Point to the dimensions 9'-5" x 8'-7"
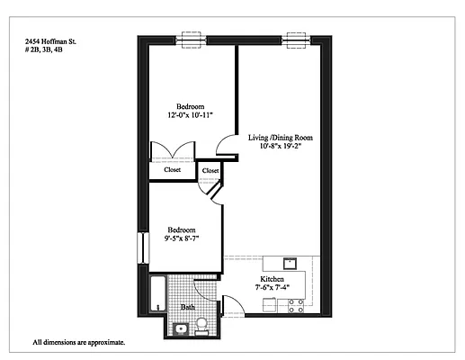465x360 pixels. (x=181, y=239)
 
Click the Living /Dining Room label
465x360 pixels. (x=281, y=138)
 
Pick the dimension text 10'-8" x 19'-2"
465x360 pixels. (x=281, y=148)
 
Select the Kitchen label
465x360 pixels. (x=273, y=280)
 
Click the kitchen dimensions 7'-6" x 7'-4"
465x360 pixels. (x=273, y=289)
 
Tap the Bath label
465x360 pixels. (x=188, y=307)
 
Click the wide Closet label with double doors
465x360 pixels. (x=173, y=169)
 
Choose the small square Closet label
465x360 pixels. (x=210, y=170)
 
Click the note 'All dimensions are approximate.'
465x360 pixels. (x=78, y=343)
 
